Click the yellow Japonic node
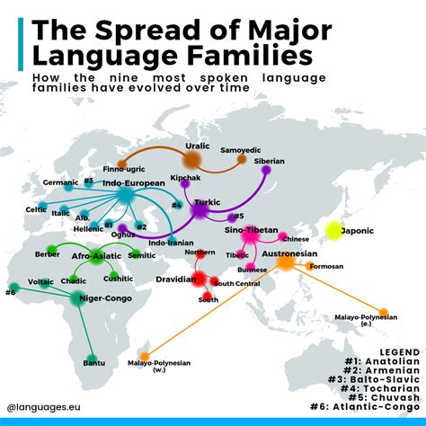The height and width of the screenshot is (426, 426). tap(334, 231)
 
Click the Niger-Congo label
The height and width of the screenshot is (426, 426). tap(107, 298)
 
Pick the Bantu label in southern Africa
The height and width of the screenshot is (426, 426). tap(94, 362)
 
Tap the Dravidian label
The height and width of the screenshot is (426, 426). tap(175, 280)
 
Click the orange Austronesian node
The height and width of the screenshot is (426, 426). tap(286, 262)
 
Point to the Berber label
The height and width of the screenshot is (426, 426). tap(46, 255)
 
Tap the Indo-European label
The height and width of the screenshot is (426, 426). tap(133, 182)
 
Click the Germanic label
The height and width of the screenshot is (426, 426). tap(60, 182)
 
